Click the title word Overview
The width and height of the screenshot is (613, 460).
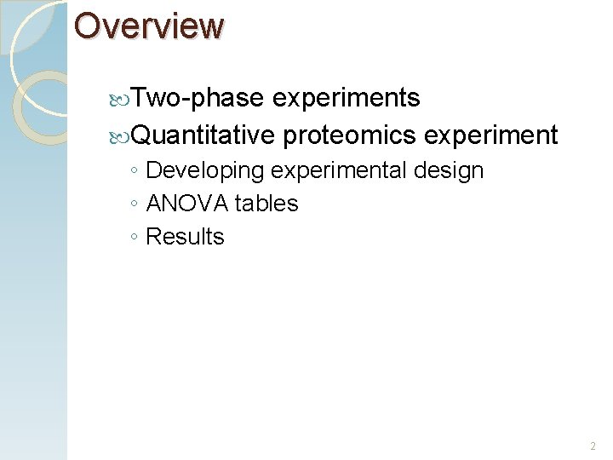(148, 26)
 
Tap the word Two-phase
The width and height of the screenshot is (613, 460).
(198, 99)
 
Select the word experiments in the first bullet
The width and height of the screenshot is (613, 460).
(347, 99)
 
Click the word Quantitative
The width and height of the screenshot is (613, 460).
(204, 135)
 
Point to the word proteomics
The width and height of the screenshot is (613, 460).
(349, 135)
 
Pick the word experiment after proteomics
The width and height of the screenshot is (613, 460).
(490, 135)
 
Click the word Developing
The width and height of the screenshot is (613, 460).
(205, 171)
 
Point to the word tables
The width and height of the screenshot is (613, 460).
(266, 204)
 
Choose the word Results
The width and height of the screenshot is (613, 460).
(185, 237)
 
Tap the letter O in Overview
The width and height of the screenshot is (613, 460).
(89, 26)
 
